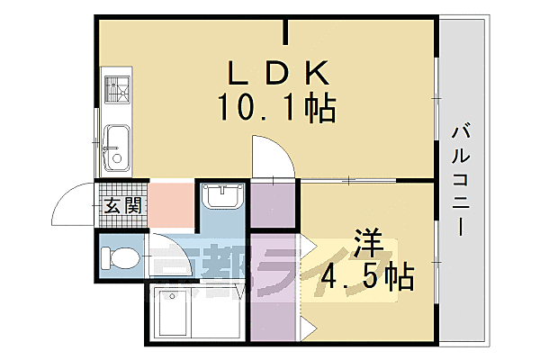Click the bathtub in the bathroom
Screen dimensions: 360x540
coord(177,312)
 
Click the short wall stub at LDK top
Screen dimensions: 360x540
coord(287,31)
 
